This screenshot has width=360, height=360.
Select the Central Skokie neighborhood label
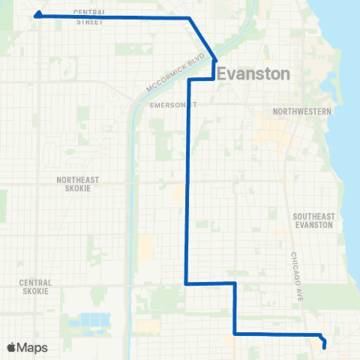point(34,286)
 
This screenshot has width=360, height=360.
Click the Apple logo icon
point(12,347)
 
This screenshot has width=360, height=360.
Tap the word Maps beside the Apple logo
point(33,347)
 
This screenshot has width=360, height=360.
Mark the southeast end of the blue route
point(324,346)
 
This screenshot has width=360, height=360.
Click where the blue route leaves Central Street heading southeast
point(190,17)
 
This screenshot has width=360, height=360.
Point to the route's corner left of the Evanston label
point(188,79)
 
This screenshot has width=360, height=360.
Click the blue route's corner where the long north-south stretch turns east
point(186,283)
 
